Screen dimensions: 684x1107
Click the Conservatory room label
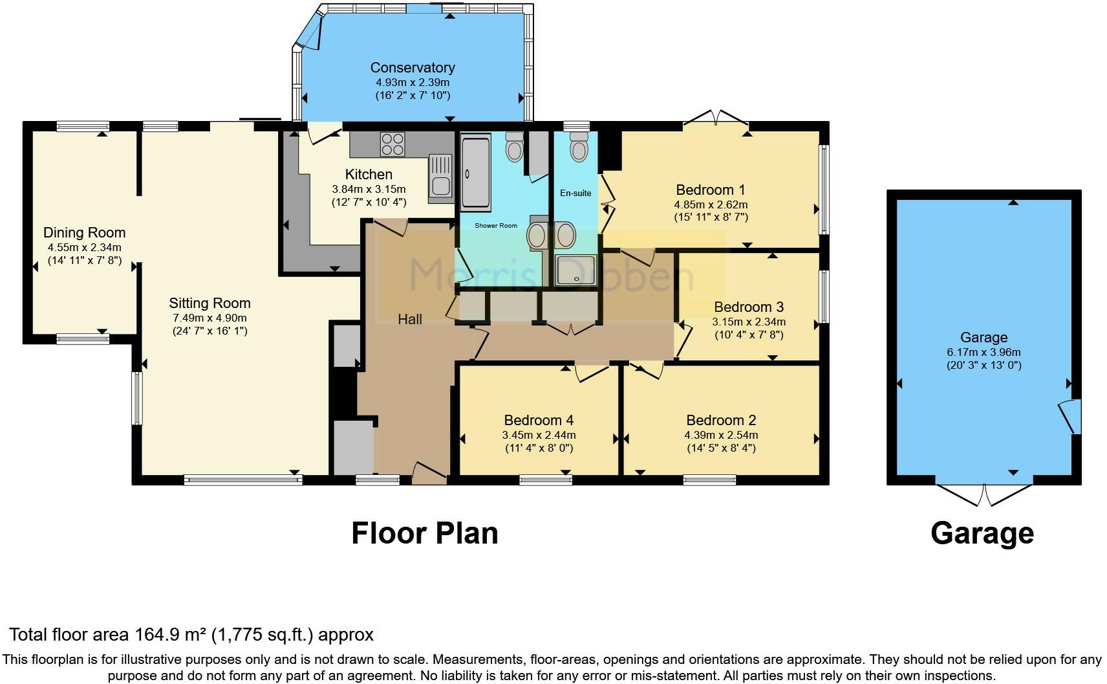pos(413,67)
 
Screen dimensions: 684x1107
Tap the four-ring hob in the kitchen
pos(392,144)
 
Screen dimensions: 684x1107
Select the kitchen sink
pos(441,176)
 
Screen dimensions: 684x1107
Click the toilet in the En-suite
pos(579,148)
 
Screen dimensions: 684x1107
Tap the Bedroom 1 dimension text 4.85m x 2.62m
pos(711,204)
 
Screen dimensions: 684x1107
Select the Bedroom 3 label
pos(749,307)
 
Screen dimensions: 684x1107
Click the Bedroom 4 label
pos(539,420)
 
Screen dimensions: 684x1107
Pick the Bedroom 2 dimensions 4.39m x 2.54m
pos(721,435)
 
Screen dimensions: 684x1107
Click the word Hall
pos(410,319)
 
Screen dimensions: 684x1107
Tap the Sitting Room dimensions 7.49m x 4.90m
pos(210,318)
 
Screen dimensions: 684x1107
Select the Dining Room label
pos(84,233)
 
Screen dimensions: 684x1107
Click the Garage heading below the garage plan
pos(982,534)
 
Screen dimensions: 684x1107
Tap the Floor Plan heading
pos(424,534)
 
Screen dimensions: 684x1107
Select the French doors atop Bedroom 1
pos(716,118)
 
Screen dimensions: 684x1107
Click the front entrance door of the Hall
pos(429,473)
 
